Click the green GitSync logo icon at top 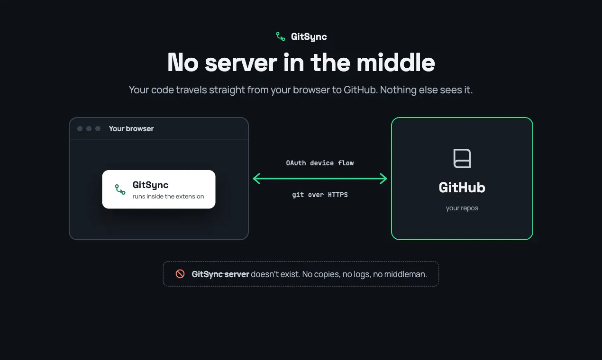281,36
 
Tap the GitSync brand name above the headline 309,36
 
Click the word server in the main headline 241,63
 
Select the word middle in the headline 396,63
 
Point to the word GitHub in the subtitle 361,90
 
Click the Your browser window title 131,129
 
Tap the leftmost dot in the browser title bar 80,129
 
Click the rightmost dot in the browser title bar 98,129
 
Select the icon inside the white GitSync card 120,189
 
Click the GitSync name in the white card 151,185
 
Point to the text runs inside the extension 168,197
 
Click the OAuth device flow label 320,163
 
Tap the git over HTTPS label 320,195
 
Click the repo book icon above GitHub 462,158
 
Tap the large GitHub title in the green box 462,188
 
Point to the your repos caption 462,208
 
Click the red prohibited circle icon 180,274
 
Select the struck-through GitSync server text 220,274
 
